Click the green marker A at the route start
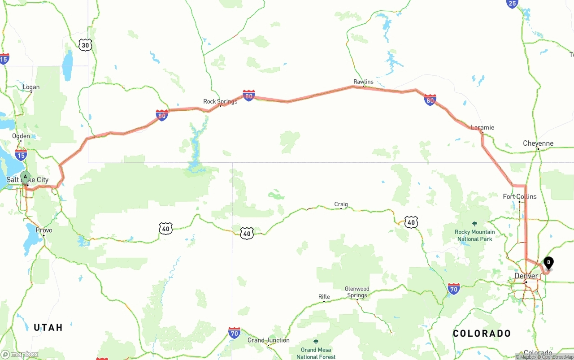(x=26, y=177)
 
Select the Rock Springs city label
(x=220, y=101)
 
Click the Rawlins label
(x=363, y=82)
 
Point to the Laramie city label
(x=483, y=127)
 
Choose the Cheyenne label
(x=538, y=143)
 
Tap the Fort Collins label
(x=520, y=196)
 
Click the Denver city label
(x=526, y=276)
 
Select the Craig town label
(x=341, y=204)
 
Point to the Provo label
(x=44, y=230)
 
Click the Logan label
(x=31, y=87)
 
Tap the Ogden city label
(x=21, y=136)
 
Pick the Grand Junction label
(x=269, y=340)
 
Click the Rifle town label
(x=324, y=297)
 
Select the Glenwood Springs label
(x=357, y=292)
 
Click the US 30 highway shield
(x=86, y=45)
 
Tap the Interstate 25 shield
(x=512, y=4)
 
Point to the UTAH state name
(x=48, y=328)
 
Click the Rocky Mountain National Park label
(x=475, y=235)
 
